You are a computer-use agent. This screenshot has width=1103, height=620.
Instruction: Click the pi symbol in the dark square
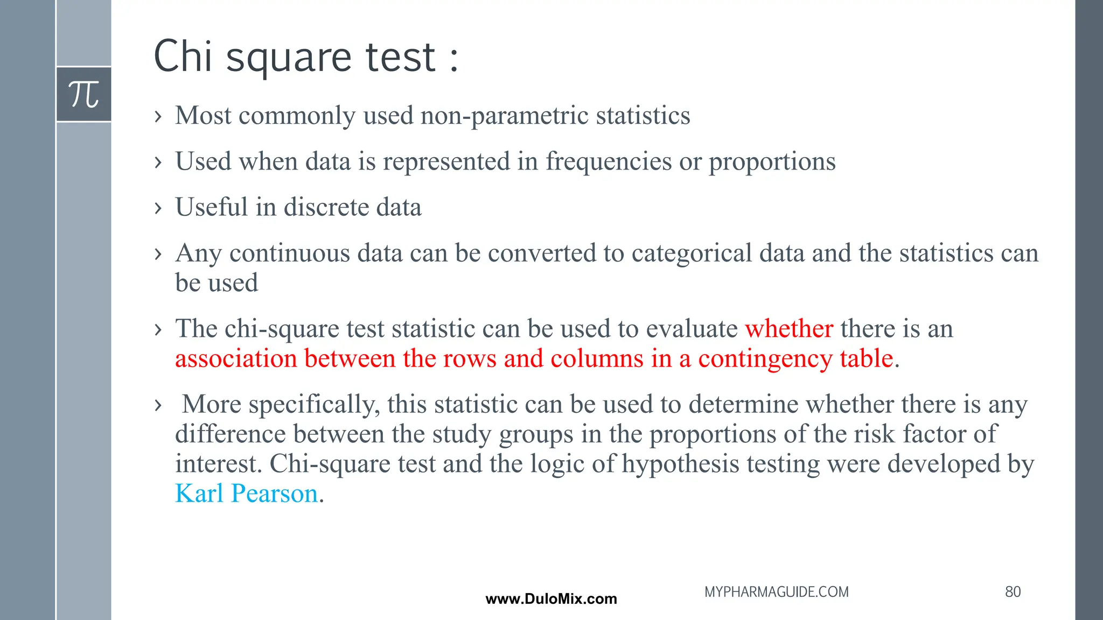(x=84, y=95)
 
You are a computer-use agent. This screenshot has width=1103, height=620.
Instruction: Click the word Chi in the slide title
(x=183, y=57)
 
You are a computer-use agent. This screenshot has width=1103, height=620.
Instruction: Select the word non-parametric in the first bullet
(x=504, y=116)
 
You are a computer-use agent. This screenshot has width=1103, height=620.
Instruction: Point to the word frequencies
(x=609, y=161)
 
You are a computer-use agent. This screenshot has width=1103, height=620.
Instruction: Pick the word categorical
(x=692, y=253)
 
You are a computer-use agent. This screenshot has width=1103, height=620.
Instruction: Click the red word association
(x=236, y=358)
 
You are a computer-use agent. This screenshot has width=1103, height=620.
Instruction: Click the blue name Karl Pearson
(x=247, y=494)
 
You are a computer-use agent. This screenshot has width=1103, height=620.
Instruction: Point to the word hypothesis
(x=680, y=464)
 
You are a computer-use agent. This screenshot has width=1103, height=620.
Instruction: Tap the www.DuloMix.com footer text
(x=551, y=599)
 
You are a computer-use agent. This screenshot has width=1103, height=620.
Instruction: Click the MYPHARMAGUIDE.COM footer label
(x=776, y=592)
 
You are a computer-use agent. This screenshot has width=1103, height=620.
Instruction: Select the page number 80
(x=1013, y=592)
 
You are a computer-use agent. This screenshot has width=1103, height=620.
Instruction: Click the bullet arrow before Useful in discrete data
(x=158, y=208)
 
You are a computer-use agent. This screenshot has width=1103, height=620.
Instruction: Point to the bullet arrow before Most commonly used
(x=158, y=116)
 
